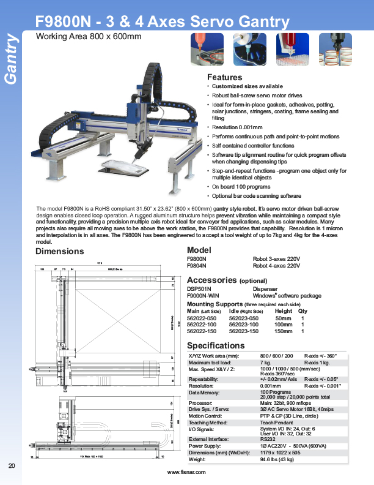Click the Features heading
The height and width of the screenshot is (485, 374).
(225, 78)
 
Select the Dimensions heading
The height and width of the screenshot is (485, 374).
(60, 252)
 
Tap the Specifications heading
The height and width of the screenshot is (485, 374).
(216, 345)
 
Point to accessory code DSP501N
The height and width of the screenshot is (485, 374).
(199, 288)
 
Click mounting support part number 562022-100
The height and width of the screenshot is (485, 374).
(201, 325)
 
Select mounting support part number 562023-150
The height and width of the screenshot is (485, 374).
(244, 331)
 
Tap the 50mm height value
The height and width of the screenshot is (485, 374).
(283, 318)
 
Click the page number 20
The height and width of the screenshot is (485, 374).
(12, 467)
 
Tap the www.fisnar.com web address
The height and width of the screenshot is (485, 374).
(186, 473)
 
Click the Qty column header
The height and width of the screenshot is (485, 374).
(303, 311)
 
